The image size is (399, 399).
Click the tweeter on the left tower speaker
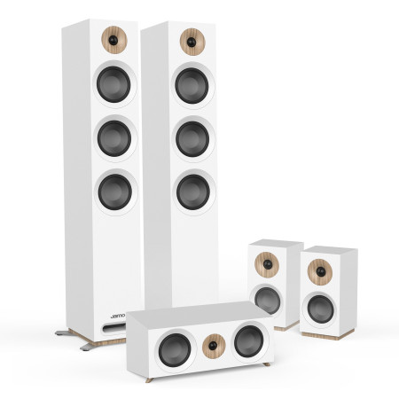pyautogui.click(x=112, y=40)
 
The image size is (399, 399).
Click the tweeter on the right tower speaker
pyautogui.click(x=190, y=40)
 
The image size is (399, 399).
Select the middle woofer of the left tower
pyautogui.click(x=113, y=138)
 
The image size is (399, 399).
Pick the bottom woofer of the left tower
pyautogui.click(x=114, y=191)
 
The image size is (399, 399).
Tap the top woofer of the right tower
pyautogui.click(x=192, y=85)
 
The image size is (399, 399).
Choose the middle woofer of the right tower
pyautogui.click(x=192, y=137)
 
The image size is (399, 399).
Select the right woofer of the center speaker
pyautogui.click(x=248, y=340)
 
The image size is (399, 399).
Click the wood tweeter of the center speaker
pyautogui.click(x=214, y=342)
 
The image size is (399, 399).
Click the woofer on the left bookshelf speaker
pyautogui.click(x=268, y=300)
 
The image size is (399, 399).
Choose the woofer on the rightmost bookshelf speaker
pyautogui.click(x=319, y=307)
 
